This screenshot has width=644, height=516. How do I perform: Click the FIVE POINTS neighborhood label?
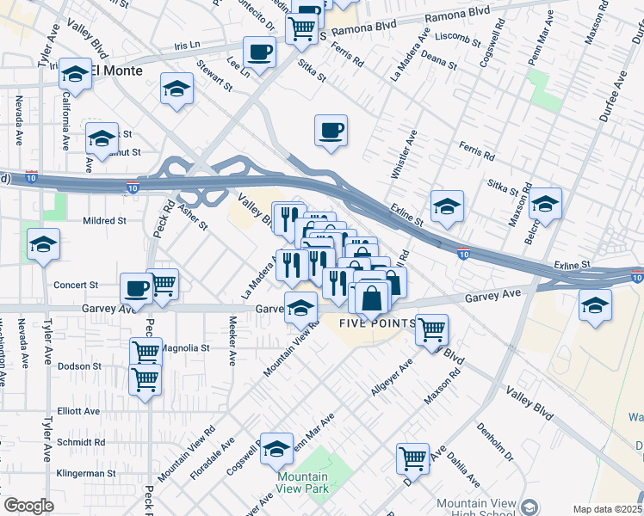pyautogui.click(x=376, y=323)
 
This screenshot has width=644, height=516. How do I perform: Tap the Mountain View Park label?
pyautogui.click(x=302, y=482)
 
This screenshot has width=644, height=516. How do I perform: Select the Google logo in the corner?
pyautogui.click(x=28, y=506)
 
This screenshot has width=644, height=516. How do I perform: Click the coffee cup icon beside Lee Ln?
pyautogui.click(x=258, y=52)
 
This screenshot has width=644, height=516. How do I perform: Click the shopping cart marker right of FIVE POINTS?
pyautogui.click(x=431, y=329)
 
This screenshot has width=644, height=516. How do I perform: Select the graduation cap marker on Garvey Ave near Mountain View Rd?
pyautogui.click(x=300, y=308)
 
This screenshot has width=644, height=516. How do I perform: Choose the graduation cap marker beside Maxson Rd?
pyautogui.click(x=545, y=204)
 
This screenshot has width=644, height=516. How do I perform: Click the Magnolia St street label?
pyautogui.click(x=186, y=348)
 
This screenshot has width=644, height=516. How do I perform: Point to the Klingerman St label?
pyautogui.click(x=86, y=473)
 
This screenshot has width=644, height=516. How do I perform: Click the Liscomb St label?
pyautogui.click(x=458, y=39)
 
